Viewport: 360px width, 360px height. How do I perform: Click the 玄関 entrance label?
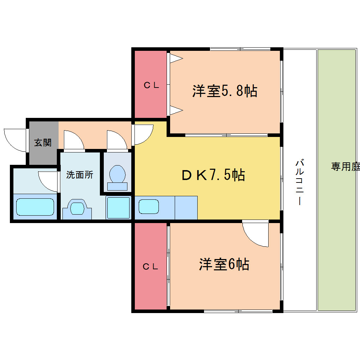[43, 143]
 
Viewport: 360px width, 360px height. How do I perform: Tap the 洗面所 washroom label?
[80, 175]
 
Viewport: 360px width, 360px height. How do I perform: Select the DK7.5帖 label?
[213, 175]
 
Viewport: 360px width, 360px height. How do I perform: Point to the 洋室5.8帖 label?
[225, 91]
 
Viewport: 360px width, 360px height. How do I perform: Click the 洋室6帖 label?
[224, 264]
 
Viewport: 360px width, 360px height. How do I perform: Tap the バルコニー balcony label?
[300, 182]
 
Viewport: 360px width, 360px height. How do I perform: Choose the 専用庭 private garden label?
[345, 167]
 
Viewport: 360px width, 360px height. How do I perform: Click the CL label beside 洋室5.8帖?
[151, 85]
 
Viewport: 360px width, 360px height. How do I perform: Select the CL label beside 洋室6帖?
[150, 266]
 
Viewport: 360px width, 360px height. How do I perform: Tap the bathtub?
[35, 207]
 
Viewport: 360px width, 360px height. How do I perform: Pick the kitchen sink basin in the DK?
[149, 206]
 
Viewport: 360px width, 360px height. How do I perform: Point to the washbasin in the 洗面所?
[77, 209]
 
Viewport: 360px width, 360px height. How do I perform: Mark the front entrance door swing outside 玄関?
[15, 140]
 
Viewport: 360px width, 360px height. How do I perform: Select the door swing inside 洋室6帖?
[255, 233]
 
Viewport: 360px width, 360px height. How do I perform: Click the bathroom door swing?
[48, 181]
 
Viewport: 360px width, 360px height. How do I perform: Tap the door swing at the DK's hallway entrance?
[144, 135]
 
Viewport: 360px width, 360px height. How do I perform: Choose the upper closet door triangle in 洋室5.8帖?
[176, 58]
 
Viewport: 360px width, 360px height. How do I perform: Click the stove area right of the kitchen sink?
[186, 208]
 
